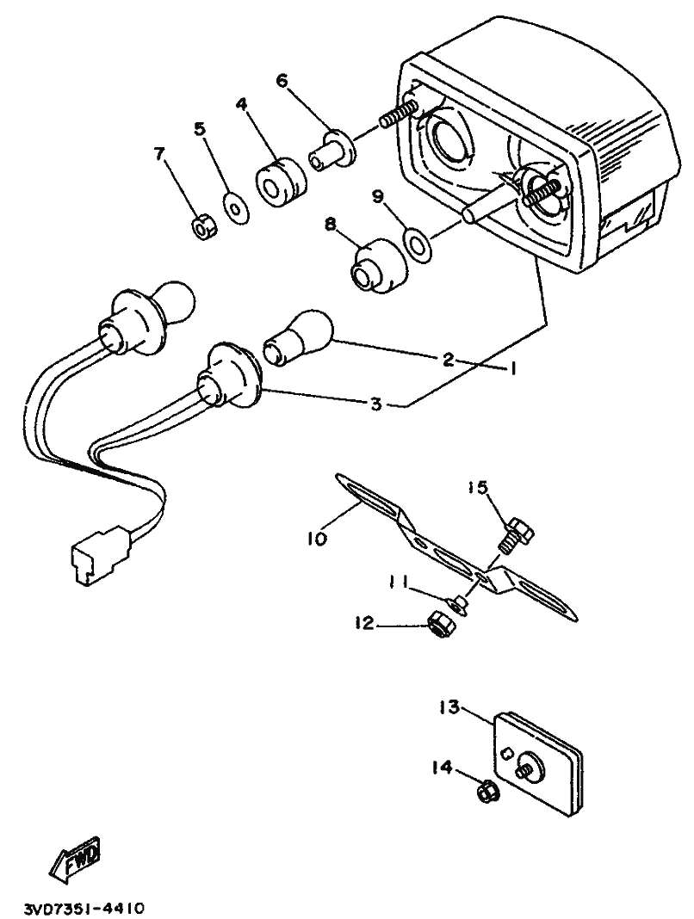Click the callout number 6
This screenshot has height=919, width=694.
click(x=282, y=80)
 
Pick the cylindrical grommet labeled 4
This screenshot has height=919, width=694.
click(x=281, y=182)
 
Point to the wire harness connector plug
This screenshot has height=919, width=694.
click(x=98, y=560)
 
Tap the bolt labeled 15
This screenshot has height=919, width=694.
click(x=517, y=532)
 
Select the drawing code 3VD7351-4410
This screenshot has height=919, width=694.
click(x=84, y=909)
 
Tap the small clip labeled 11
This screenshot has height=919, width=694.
click(x=457, y=604)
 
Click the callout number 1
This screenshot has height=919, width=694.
click(x=512, y=368)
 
